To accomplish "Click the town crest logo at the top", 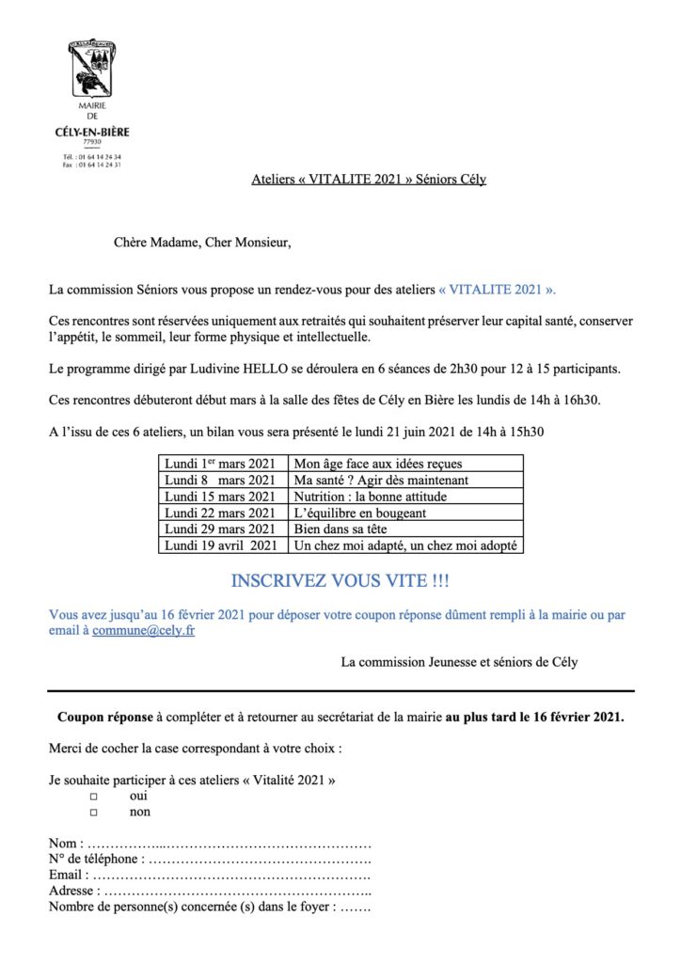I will (x=92, y=71).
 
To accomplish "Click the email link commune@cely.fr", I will (x=144, y=631).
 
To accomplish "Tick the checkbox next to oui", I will (x=93, y=797).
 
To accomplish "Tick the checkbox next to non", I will (x=93, y=813).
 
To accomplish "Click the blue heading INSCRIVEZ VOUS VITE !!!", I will (x=340, y=580).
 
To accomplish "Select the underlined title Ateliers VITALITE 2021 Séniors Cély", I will (x=369, y=179).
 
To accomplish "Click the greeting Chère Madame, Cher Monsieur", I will (x=202, y=243).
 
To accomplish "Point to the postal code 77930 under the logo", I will (x=92, y=141).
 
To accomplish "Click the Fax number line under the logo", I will (x=92, y=165).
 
